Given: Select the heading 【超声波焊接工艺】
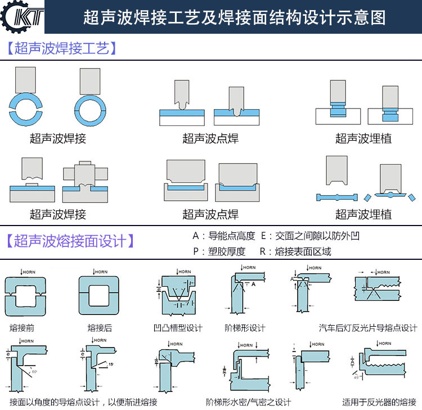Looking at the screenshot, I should pos(62,48).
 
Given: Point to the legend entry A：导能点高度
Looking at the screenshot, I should pos(223,236).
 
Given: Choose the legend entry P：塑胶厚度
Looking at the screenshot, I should pos(219,251).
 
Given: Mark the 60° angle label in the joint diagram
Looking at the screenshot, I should pos(34,372).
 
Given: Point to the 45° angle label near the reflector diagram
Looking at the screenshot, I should pos(356,377).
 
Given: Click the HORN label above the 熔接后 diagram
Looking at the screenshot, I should pos(101,272).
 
